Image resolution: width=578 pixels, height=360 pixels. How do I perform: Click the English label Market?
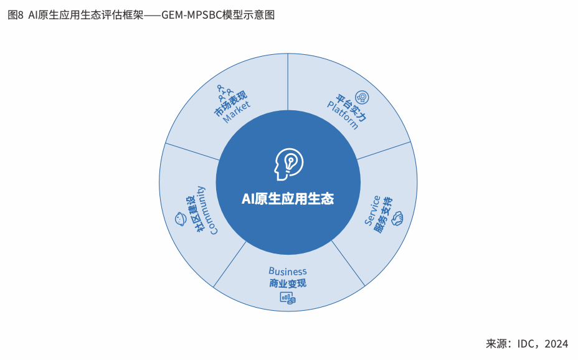click(x=237, y=113)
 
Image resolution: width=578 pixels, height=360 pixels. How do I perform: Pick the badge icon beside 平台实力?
click(x=362, y=97)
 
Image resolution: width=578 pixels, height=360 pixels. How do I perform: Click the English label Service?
click(x=372, y=211)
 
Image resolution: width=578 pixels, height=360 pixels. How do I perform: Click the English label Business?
click(x=288, y=272)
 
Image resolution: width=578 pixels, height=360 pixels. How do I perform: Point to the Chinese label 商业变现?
click(x=288, y=284)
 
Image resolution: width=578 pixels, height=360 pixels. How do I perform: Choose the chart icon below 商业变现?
click(x=287, y=298)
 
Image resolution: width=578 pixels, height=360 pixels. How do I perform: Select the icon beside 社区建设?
click(x=179, y=219)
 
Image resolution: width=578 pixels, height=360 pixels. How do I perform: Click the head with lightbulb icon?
click(x=287, y=164)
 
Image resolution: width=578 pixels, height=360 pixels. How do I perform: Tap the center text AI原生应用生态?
click(x=288, y=199)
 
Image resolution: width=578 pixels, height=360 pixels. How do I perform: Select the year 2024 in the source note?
click(x=556, y=344)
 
